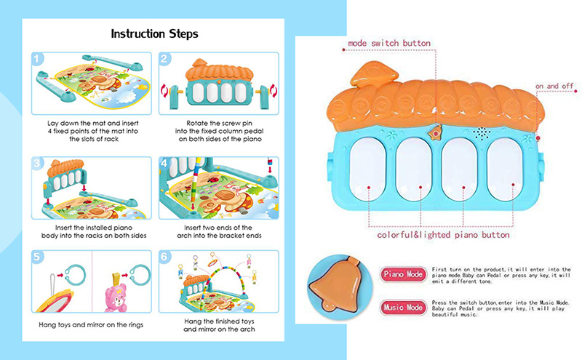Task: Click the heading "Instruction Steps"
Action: point(154,33)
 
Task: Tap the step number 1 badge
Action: point(38,59)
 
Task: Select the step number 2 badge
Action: point(165,59)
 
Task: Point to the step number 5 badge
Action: point(38,257)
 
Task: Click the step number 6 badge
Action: point(165,257)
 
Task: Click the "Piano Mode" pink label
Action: point(403,275)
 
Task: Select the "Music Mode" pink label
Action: point(403,308)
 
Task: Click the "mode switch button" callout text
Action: point(389,44)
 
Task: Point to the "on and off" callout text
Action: point(554,86)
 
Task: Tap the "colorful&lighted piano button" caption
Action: point(443,235)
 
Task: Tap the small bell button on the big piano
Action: point(435,133)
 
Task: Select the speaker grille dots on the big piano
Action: point(482,134)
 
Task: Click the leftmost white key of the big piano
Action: point(368,169)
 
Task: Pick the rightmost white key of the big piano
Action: point(504,169)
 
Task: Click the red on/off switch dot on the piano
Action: point(538,138)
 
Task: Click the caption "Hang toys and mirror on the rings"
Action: point(91,325)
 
